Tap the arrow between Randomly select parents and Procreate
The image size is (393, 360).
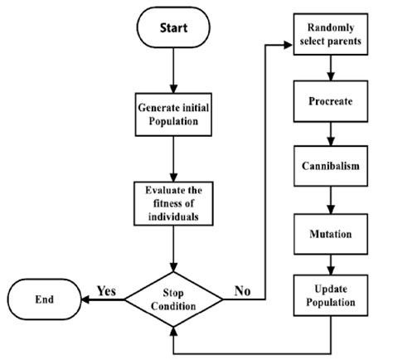click(x=332, y=69)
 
